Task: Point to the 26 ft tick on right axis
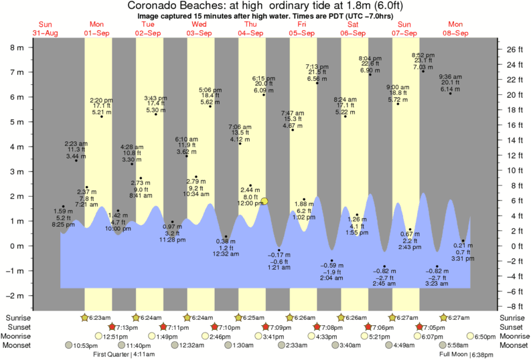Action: click(512, 50)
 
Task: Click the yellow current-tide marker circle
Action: click(265, 201)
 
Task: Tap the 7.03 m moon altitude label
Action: click(423, 67)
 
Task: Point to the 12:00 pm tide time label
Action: click(250, 203)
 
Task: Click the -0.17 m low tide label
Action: click(279, 255)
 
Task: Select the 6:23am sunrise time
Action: click(98, 317)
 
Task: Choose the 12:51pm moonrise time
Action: click(114, 336)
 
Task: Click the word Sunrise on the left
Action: click(19, 317)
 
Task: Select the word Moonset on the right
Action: click(512, 345)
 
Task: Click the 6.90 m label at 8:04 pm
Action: click(370, 70)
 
